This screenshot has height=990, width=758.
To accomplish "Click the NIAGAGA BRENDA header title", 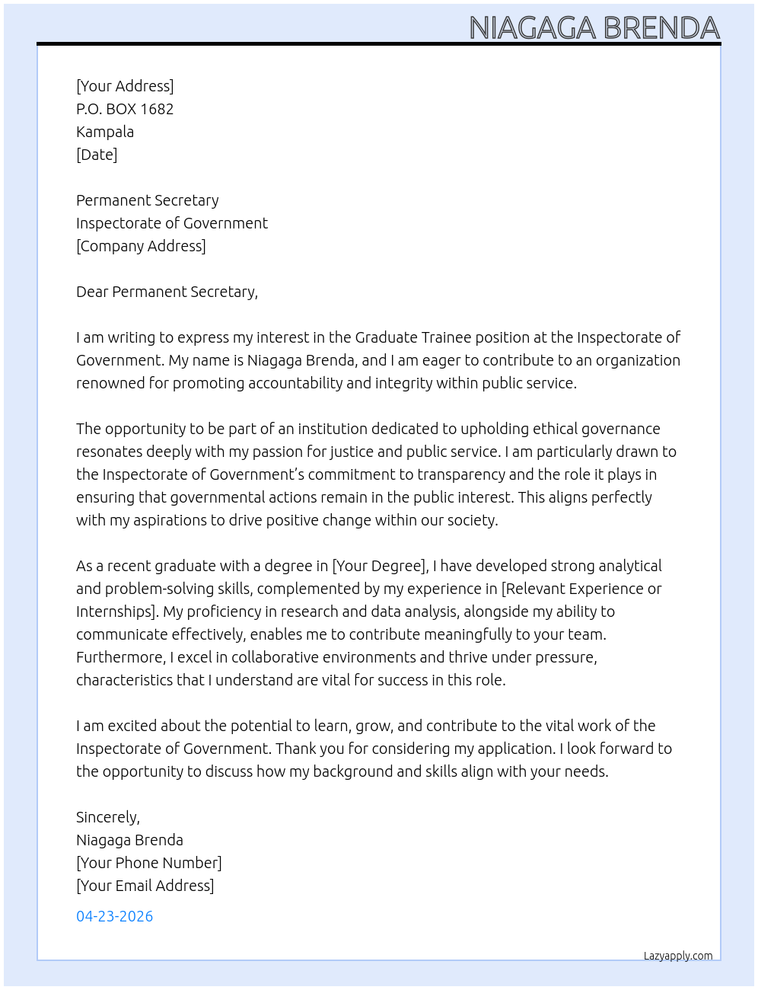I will (594, 27).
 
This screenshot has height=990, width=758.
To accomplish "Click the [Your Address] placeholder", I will (125, 86).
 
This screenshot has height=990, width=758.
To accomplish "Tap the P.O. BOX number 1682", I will (157, 109).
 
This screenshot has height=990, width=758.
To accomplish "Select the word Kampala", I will (105, 132).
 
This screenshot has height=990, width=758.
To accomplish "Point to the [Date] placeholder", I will (97, 155).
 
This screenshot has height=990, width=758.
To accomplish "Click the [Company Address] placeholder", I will (141, 246).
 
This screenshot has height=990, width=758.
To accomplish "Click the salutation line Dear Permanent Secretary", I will (167, 292).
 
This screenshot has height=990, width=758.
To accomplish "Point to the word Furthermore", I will (120, 657).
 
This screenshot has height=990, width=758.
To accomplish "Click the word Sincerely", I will (107, 817).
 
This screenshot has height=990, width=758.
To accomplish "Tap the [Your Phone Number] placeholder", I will (149, 863).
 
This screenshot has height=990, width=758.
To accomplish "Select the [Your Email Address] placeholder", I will (145, 886).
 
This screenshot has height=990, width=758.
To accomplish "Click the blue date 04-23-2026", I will (115, 916).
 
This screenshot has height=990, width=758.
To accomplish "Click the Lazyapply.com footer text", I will (678, 956).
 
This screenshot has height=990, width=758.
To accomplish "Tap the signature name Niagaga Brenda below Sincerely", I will (129, 840).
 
